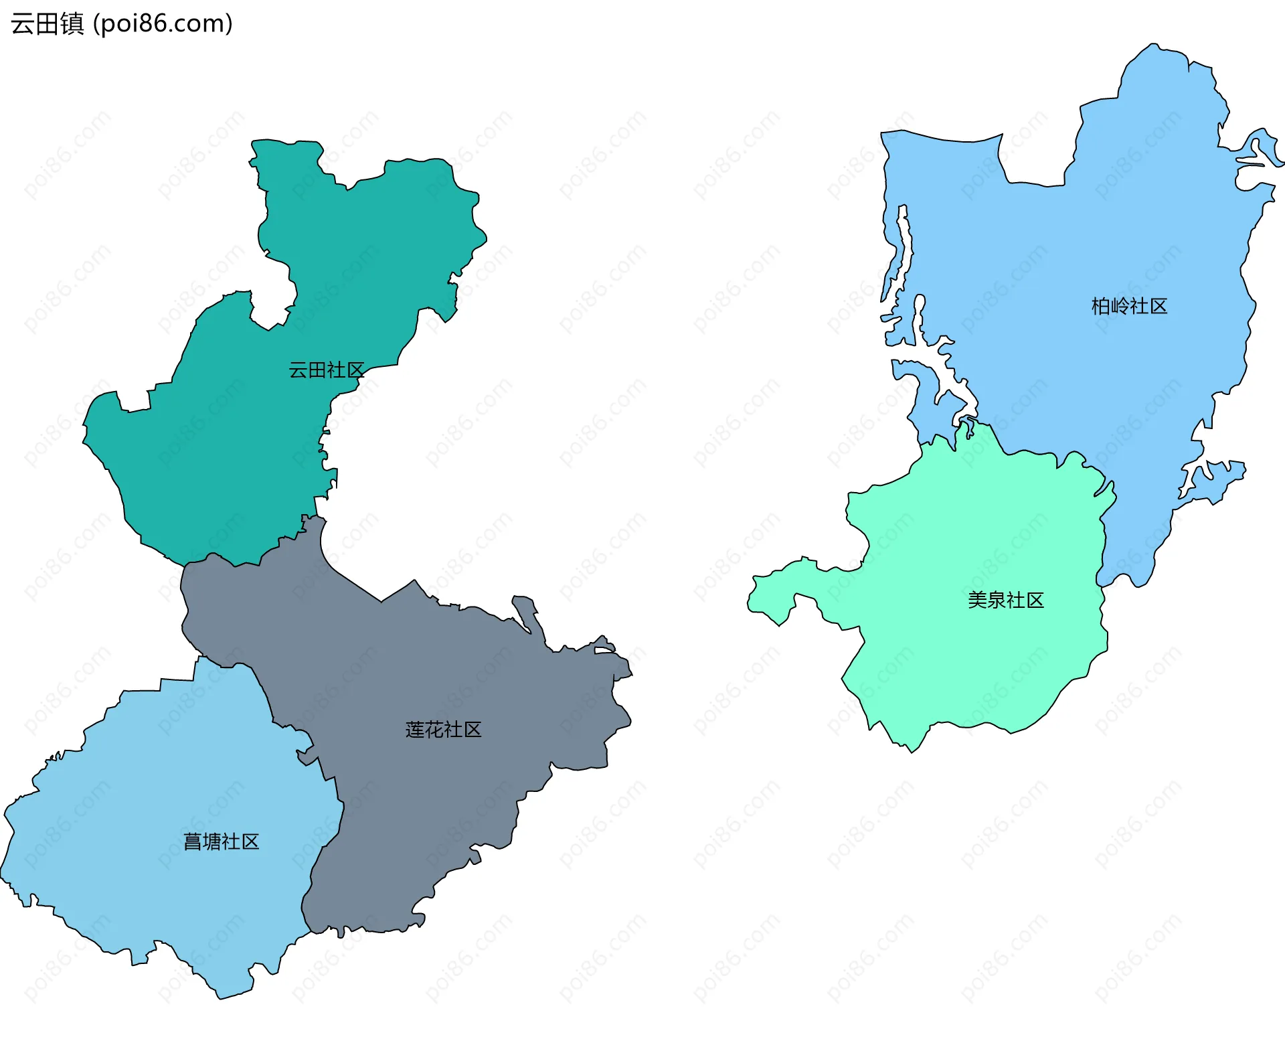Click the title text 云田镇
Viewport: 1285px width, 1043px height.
click(x=47, y=24)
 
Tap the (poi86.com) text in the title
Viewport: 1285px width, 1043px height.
click(x=163, y=24)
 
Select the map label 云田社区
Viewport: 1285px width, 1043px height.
click(x=326, y=370)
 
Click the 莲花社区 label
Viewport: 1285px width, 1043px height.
click(x=443, y=730)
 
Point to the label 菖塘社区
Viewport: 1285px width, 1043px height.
click(x=221, y=841)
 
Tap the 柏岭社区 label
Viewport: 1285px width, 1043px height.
click(x=1129, y=307)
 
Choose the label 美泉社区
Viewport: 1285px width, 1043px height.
click(x=1005, y=600)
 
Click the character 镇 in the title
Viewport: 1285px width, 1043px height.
click(x=72, y=24)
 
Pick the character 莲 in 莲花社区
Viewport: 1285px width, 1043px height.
click(x=415, y=730)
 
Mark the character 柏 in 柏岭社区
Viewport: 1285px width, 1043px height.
click(x=1101, y=307)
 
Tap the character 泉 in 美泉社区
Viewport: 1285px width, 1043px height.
click(x=996, y=600)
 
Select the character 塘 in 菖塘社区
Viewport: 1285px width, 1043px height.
click(x=211, y=841)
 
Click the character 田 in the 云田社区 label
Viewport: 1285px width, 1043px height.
click(x=317, y=370)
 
